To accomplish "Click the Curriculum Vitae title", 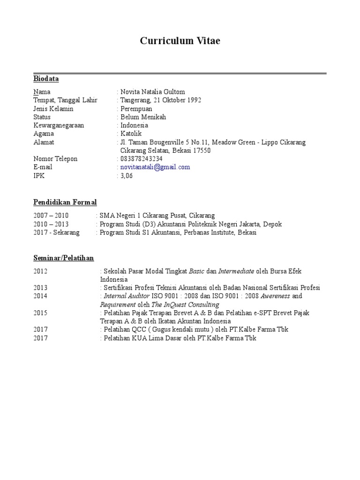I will (180, 41).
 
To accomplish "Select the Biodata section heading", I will (46, 79).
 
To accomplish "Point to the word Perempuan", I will (136, 109).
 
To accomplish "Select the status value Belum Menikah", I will (143, 117).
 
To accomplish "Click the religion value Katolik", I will (131, 134).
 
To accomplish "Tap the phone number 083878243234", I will (142, 159).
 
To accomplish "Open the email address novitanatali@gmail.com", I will (155, 167).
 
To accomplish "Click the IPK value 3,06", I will (127, 176).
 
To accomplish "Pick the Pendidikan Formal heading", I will (65, 202).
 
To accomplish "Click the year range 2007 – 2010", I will (51, 216).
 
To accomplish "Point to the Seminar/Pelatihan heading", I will (64, 258).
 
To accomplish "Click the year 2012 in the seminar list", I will (40, 271).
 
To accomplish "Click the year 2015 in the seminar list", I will (40, 313).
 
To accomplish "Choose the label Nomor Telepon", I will (55, 159).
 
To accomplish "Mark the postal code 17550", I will (202, 150).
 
